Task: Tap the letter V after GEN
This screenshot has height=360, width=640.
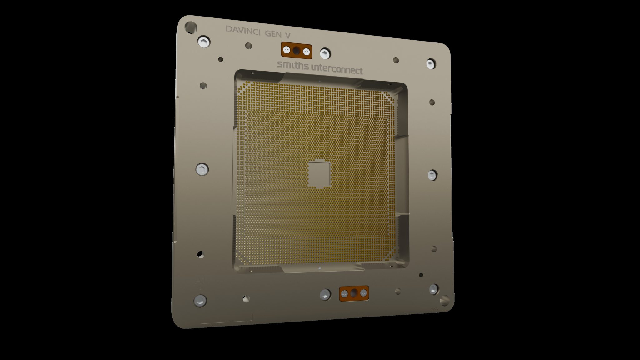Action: (x=287, y=35)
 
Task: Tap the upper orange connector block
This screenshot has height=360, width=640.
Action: (x=297, y=50)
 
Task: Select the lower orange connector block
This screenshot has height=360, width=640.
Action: (x=354, y=293)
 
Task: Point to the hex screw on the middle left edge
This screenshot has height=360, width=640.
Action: (x=202, y=170)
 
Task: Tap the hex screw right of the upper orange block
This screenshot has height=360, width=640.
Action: (x=325, y=53)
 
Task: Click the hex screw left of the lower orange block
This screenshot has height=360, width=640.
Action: (x=325, y=294)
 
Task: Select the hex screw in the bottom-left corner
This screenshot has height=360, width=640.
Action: (x=200, y=301)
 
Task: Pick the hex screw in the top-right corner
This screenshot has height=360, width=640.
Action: (x=431, y=64)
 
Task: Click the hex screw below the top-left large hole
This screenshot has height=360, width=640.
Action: (x=203, y=42)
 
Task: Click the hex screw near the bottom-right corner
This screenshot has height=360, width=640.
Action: (x=434, y=289)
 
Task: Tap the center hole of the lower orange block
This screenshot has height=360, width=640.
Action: (x=354, y=293)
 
